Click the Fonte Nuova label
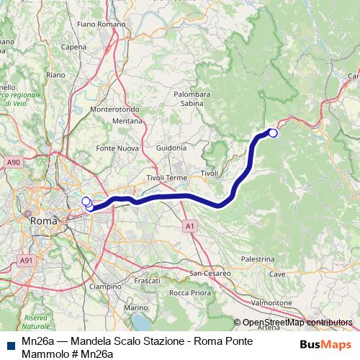tap(117, 148)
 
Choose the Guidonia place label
tap(171, 148)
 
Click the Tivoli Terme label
tap(166, 177)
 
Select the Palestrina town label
tap(258, 258)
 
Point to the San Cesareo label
tap(210, 274)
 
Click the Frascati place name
tap(147, 279)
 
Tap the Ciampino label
tap(106, 286)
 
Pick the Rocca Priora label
tap(189, 292)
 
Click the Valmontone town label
tap(272, 303)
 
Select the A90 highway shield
tap(14, 164)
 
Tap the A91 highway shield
tap(26, 260)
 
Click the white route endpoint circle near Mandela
tap(273, 132)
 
